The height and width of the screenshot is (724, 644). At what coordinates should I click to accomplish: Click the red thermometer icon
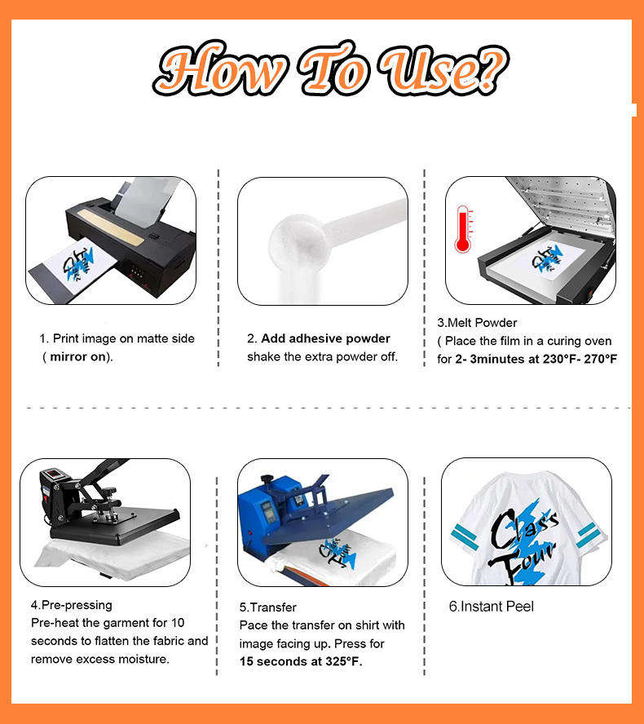pos(463,228)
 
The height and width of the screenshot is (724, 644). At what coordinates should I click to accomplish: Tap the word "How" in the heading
pos(221,68)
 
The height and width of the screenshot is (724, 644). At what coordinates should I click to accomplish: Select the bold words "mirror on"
pos(77,357)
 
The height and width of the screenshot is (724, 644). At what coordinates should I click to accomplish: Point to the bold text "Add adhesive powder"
pos(325,338)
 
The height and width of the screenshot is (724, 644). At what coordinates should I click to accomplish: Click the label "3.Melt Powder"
pos(477,323)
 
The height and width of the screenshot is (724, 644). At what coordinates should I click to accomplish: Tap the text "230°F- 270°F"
pos(580,359)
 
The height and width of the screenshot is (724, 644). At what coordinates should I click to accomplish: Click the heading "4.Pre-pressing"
pos(72,605)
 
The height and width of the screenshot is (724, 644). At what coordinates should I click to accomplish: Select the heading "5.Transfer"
pos(267,607)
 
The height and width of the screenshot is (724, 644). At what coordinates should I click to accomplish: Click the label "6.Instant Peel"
pos(492,607)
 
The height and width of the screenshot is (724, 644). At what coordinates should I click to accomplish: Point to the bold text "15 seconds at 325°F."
pos(301,661)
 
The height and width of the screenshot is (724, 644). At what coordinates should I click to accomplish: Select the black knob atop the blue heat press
pos(267,479)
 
